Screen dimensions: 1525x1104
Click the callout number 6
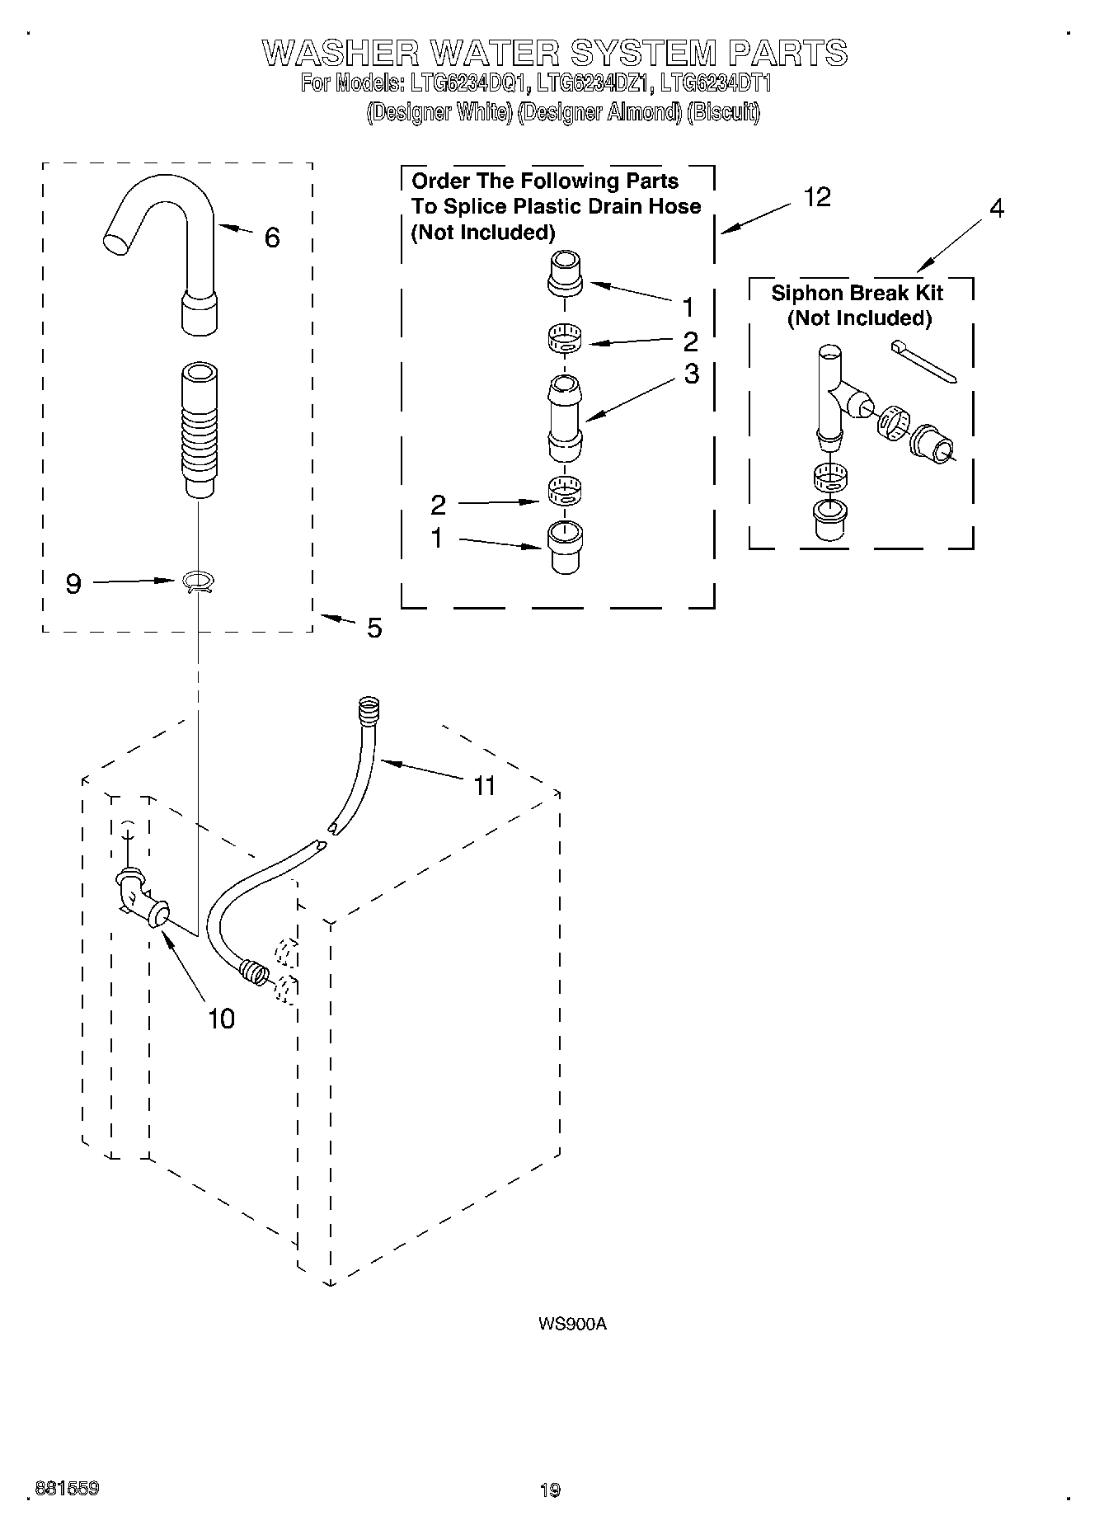pyautogui.click(x=272, y=238)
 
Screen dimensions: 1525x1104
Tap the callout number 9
pyautogui.click(x=73, y=584)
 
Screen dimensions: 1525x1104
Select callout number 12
pyautogui.click(x=817, y=197)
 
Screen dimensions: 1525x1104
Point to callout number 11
pyautogui.click(x=484, y=785)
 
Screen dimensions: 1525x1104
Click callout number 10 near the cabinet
pyautogui.click(x=221, y=1019)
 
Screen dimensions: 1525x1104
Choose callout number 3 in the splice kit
pyautogui.click(x=691, y=374)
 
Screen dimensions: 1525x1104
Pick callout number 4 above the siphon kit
pyautogui.click(x=996, y=209)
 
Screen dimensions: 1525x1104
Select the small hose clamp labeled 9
pyautogui.click(x=198, y=582)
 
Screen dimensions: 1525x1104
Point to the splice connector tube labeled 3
pyautogui.click(x=565, y=418)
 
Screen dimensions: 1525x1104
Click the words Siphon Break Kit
pyautogui.click(x=857, y=293)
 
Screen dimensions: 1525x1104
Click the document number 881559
pyautogui.click(x=68, y=1489)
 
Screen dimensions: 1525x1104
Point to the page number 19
pyautogui.click(x=550, y=1490)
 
